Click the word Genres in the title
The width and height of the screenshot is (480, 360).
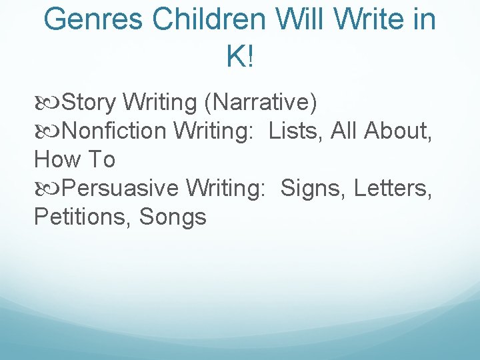[93, 20]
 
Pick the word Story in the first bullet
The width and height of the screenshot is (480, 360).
[89, 103]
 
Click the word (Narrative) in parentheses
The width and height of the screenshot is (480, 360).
[261, 103]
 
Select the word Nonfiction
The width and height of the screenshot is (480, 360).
[114, 131]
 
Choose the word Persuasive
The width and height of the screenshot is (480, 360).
[121, 189]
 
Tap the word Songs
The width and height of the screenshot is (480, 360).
[173, 217]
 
